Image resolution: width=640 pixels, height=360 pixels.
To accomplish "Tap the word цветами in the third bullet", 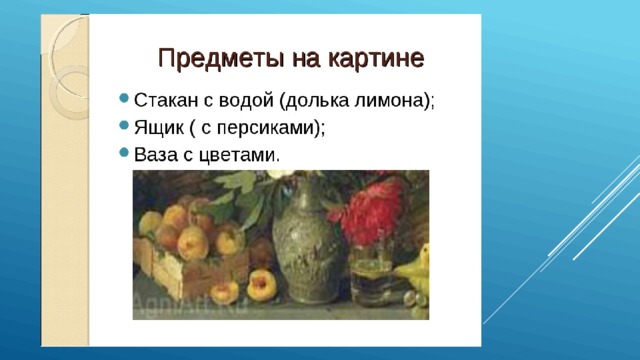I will coord(241,154).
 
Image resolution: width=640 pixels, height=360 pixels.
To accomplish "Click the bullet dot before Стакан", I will coord(122,100).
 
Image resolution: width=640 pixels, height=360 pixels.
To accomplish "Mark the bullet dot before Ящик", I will coord(122,126).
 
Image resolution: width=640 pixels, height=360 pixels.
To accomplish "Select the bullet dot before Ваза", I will coord(122,152).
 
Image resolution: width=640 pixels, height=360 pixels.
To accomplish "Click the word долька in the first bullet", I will coord(326,102).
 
